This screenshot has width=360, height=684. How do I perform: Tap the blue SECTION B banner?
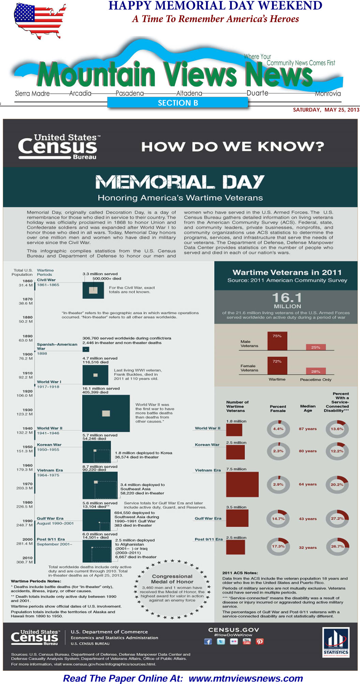[178, 103]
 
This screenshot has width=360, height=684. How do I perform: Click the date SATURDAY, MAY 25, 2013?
[326, 110]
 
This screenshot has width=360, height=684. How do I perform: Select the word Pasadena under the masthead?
[130, 93]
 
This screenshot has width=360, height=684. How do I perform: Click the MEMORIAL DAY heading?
[180, 182]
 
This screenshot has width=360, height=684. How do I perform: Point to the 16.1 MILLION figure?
[287, 300]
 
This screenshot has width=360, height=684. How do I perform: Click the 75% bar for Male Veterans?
[277, 341]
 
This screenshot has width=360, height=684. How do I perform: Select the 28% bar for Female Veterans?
[316, 371]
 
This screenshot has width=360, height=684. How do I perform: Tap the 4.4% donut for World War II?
[278, 429]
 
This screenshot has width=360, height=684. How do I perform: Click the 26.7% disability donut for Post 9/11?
[337, 546]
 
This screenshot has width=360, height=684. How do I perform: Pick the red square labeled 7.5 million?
[242, 484]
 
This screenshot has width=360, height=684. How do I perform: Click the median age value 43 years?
[307, 519]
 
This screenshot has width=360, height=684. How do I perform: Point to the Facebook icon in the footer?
[208, 641]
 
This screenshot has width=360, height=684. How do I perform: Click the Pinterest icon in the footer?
[260, 641]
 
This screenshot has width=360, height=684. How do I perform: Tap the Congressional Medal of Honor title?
[172, 579]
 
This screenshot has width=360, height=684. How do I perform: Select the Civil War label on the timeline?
[46, 280]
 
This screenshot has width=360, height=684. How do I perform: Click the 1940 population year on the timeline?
[28, 428]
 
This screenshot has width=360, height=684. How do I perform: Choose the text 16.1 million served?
[101, 388]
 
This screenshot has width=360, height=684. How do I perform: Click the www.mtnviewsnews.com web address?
[246, 678]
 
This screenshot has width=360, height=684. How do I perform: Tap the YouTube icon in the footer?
[246, 641]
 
